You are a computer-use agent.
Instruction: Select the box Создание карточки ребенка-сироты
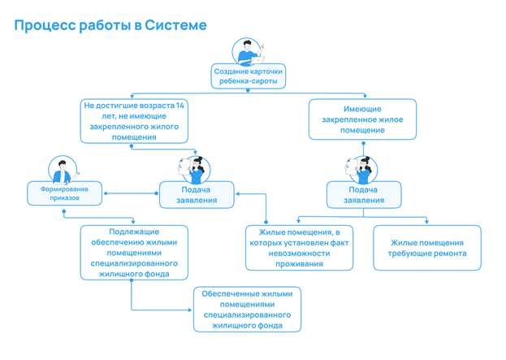(249, 76)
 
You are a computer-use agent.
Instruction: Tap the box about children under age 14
(134, 121)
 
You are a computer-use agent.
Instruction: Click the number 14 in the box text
(180, 106)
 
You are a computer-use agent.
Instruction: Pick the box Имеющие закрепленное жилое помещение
(362, 119)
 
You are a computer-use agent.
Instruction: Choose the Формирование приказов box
(64, 193)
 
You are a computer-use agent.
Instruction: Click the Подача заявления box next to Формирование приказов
(197, 195)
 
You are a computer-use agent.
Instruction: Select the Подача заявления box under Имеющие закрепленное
(364, 195)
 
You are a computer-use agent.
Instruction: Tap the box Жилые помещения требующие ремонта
(427, 248)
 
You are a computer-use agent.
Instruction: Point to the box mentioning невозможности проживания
(299, 248)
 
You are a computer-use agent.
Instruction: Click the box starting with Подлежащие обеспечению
(134, 253)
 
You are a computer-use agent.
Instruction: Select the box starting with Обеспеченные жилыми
(247, 310)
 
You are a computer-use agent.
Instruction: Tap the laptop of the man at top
(257, 60)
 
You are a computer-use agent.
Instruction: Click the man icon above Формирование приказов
(63, 170)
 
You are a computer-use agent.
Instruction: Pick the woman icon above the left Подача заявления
(195, 170)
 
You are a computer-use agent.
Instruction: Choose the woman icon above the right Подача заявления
(361, 170)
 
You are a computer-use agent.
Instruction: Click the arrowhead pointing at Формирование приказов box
(106, 193)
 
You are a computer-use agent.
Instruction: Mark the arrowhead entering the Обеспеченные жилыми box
(190, 310)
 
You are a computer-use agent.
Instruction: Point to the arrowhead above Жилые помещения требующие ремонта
(426, 222)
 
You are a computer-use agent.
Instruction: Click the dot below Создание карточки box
(248, 91)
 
